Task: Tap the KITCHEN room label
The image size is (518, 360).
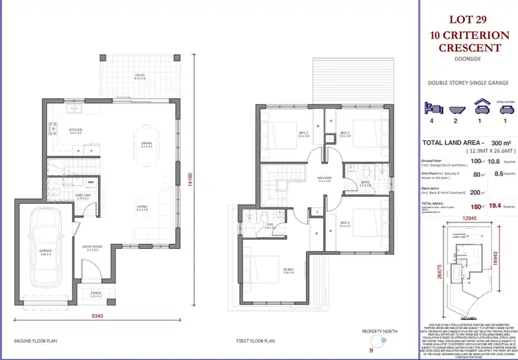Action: point(76,131)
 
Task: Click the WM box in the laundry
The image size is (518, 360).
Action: point(91,182)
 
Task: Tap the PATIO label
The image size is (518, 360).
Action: point(140,77)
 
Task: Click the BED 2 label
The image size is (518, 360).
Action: point(284,135)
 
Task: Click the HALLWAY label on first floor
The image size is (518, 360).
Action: point(324,179)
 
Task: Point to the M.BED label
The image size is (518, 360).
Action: point(269,272)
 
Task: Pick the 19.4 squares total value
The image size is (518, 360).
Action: point(491,205)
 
